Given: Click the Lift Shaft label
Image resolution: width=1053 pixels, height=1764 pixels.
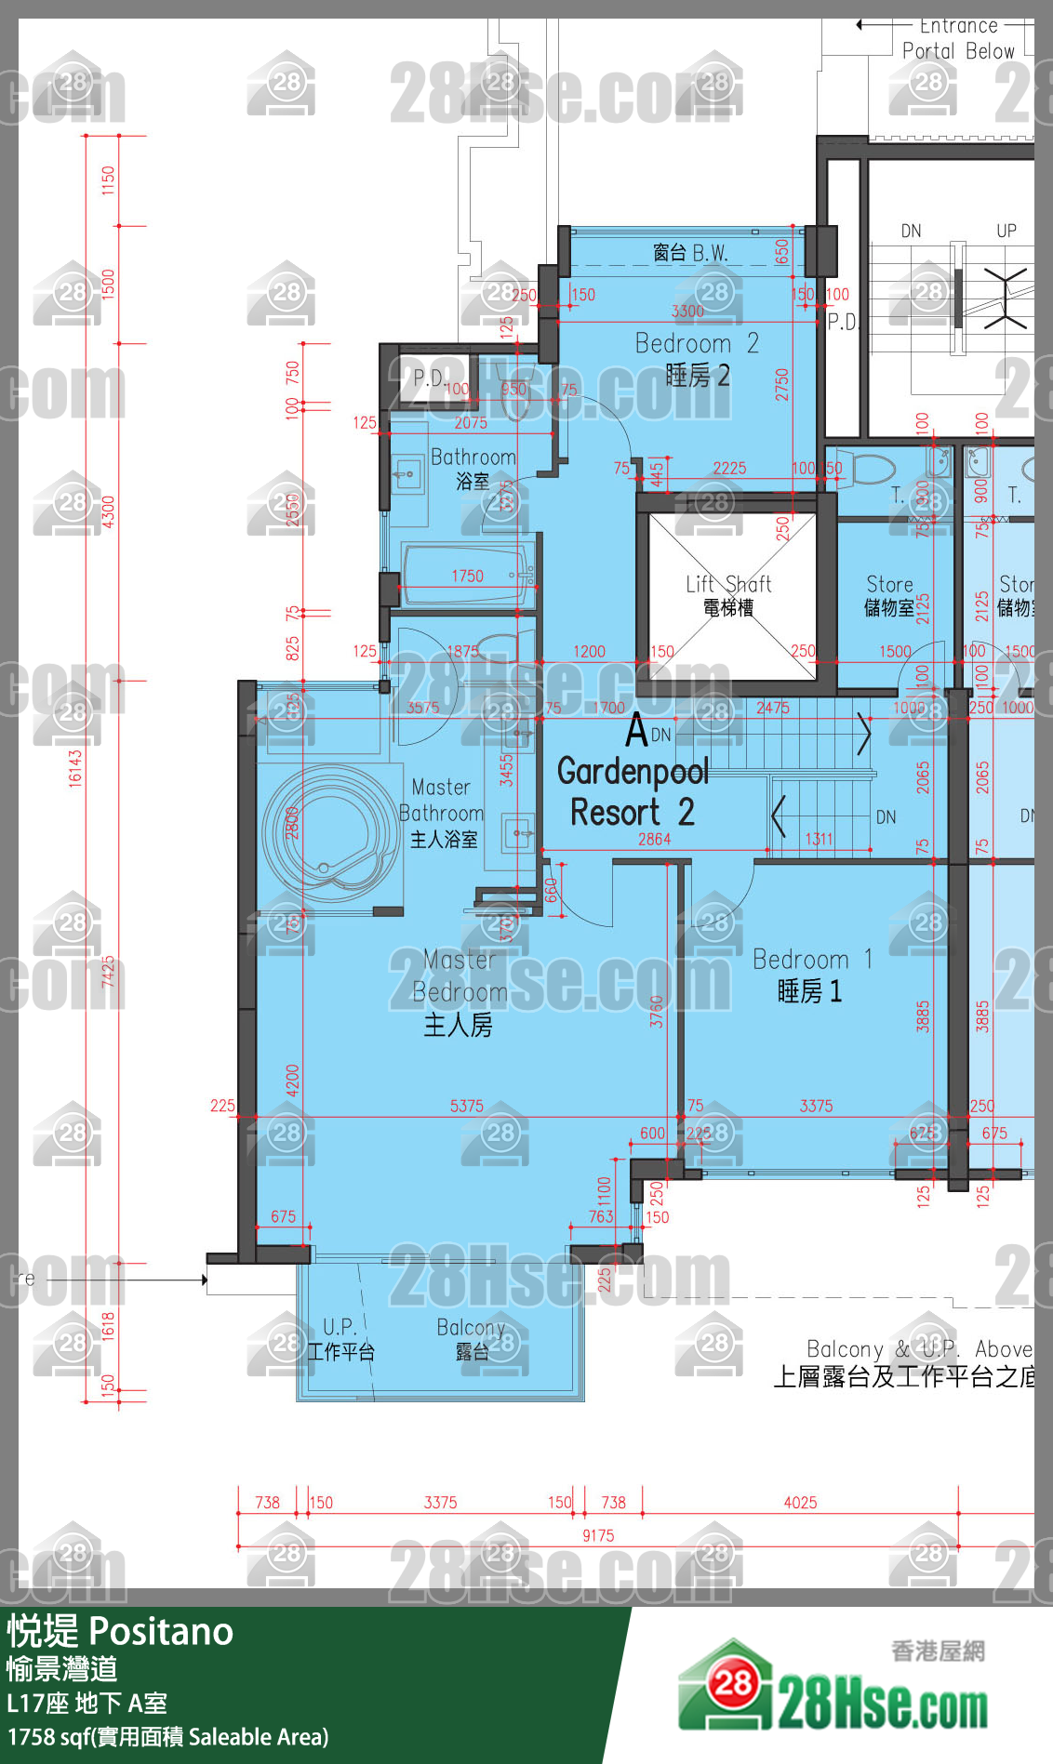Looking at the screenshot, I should [x=728, y=595].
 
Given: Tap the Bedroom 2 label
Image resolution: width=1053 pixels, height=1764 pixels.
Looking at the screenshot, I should [x=697, y=359].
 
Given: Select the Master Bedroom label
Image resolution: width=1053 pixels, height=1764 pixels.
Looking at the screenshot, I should [x=460, y=992].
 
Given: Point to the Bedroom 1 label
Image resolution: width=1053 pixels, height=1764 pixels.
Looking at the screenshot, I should [x=811, y=975].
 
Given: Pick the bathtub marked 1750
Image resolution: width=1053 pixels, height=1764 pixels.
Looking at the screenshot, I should [x=468, y=577].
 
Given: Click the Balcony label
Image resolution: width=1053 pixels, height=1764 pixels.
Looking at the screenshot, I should [x=471, y=1339].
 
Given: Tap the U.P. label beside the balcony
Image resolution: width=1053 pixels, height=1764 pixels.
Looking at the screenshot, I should [x=340, y=1339].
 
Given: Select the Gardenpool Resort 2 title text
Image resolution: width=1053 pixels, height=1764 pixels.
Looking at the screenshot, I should [x=633, y=791].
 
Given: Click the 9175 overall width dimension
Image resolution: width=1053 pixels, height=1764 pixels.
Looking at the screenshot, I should [x=598, y=1535].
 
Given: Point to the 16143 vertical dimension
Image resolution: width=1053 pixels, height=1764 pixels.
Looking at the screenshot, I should [x=75, y=769].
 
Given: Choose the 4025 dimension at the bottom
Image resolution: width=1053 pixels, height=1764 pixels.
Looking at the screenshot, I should [x=800, y=1503].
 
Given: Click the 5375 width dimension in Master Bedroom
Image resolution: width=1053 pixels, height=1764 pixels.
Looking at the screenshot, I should [x=466, y=1106].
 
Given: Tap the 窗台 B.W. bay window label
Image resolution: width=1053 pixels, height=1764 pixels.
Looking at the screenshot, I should [x=689, y=252].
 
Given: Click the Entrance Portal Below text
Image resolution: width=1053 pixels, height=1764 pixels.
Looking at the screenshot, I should [x=958, y=39].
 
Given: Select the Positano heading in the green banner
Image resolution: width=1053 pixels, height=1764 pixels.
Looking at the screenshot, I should [x=161, y=1632].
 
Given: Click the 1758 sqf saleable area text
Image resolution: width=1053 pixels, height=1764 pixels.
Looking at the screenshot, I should [x=167, y=1737].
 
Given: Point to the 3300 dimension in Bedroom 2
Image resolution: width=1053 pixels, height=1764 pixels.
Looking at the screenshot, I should [x=687, y=312].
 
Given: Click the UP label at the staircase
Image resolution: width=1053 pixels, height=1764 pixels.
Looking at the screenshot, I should [x=1006, y=231].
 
